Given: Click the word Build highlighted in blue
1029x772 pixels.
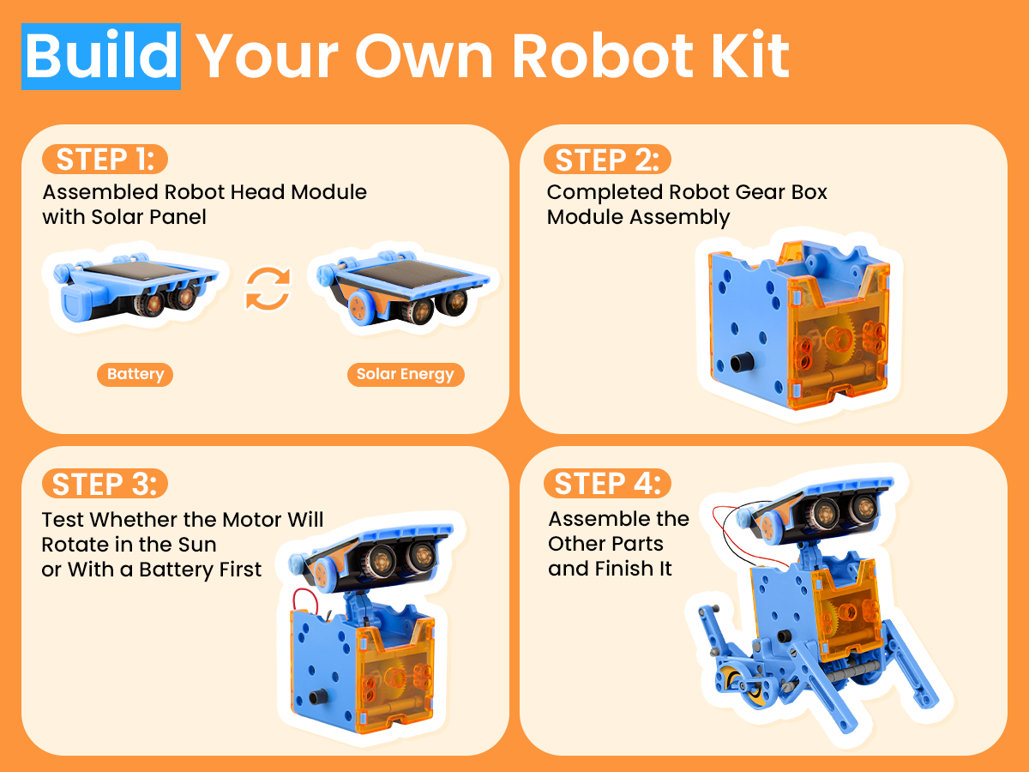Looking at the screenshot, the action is tap(101, 57).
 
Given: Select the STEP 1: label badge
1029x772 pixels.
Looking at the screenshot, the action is tap(105, 159).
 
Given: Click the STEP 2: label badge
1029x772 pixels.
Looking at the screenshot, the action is tap(607, 160).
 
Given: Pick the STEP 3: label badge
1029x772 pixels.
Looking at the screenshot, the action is tap(105, 483).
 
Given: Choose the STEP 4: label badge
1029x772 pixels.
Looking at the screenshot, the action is tap(607, 483).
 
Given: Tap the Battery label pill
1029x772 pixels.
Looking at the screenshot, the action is tap(135, 375).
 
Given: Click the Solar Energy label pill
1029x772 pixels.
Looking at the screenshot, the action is tap(406, 375).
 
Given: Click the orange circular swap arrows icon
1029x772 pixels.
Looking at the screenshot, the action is tap(268, 288).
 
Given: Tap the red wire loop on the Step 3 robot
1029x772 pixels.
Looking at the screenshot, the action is tap(305, 601).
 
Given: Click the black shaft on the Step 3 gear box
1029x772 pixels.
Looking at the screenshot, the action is tap(319, 696).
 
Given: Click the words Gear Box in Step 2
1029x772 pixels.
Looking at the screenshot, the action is tap(781, 192).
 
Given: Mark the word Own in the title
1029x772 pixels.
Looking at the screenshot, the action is tap(424, 57).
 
